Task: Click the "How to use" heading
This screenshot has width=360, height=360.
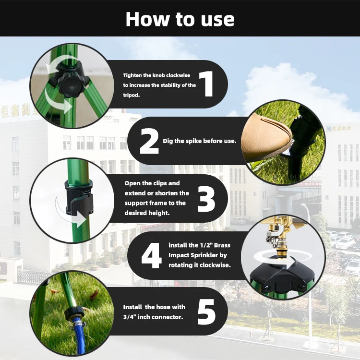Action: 180,19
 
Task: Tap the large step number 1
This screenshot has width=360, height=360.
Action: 207,84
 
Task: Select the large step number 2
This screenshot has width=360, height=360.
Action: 149,141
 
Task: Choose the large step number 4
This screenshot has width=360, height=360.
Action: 151,255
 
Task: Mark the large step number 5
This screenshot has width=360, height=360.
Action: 206,312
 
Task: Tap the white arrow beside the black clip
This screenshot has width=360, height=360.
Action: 69,214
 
